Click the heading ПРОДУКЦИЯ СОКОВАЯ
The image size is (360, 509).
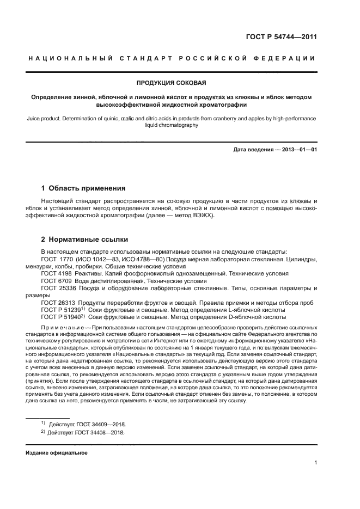170,83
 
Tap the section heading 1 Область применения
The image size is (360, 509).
83,188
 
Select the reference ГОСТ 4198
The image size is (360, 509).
56,273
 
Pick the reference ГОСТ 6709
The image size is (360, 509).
56,280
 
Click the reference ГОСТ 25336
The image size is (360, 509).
58,287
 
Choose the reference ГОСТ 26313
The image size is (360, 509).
58,302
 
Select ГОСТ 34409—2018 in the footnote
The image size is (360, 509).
97,424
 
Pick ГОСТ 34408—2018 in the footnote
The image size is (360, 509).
97,433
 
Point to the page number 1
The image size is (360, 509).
315,463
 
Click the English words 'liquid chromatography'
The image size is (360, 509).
170,125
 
